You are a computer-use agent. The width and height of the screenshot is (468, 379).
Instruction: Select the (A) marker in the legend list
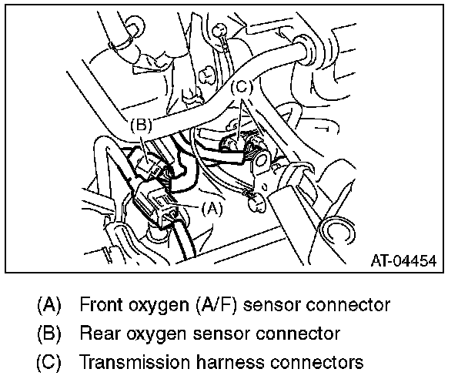(x=48, y=304)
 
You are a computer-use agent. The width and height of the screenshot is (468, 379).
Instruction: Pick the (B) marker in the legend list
(x=48, y=334)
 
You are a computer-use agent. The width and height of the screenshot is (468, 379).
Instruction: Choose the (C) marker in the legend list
(x=48, y=362)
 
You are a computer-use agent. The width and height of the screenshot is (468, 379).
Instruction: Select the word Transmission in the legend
(x=133, y=362)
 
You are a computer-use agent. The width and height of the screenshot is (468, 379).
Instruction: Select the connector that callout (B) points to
(x=145, y=163)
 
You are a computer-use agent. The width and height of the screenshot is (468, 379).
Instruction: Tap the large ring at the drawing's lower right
(x=338, y=231)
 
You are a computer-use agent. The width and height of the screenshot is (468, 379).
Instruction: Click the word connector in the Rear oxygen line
(x=297, y=334)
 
